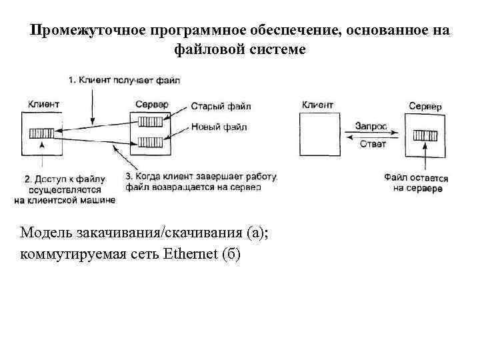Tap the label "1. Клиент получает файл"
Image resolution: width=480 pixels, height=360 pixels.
pos(124,81)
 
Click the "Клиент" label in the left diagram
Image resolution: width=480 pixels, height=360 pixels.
pos(44,104)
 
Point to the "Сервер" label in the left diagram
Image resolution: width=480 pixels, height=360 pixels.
pos(151,104)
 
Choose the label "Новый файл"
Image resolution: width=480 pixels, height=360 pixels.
pos(219,127)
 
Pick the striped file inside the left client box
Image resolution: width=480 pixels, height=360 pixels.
pos(41,133)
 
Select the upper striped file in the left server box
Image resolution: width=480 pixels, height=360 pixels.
pos(151,121)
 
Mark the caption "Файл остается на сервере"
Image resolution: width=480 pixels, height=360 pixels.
pos(417,183)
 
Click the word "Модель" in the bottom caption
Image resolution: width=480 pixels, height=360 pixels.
pos(42,233)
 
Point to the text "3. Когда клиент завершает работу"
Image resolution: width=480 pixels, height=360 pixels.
pos(200,177)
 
